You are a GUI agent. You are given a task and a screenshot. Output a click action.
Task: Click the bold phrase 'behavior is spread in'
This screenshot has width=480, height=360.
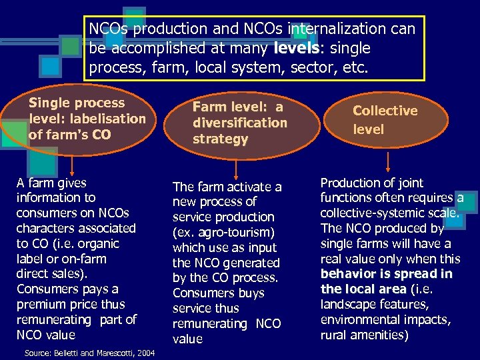point(386,274)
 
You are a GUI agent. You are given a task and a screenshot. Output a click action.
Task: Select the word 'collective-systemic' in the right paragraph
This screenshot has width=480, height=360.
point(371,213)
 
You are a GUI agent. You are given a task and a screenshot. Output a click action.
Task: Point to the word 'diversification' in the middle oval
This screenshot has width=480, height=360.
point(239,123)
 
